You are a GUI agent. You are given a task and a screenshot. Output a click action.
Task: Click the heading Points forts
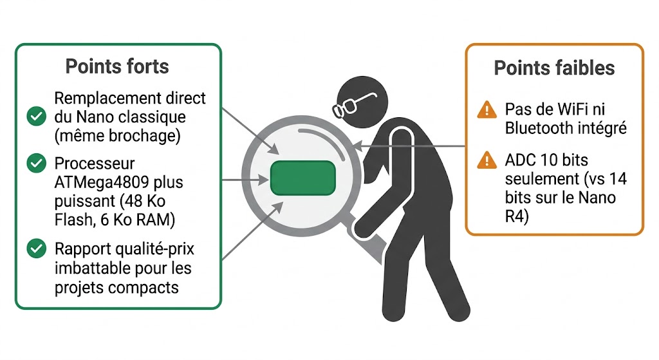117,66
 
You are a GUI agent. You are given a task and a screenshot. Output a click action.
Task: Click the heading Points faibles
554,68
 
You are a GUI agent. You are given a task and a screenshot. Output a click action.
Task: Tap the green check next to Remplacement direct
36,117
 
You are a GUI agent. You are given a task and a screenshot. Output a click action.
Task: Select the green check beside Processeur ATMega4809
36,164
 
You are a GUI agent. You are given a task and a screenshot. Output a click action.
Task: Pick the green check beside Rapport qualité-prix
36,247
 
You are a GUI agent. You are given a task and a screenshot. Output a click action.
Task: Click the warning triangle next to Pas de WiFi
487,110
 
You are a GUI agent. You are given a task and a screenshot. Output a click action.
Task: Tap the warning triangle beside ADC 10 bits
487,160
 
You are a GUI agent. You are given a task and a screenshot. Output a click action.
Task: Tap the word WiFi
567,109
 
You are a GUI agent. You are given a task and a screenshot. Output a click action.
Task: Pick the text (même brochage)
117,136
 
